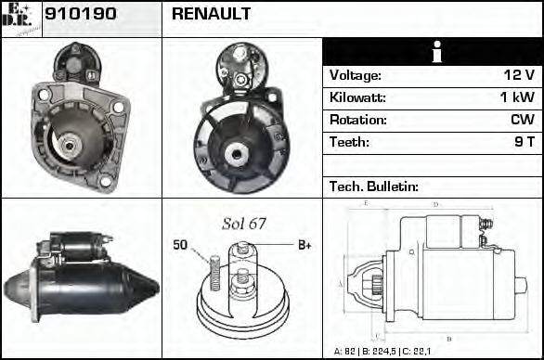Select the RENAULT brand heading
click(212, 14)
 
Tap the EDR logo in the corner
click(21, 18)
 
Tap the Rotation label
click(357, 121)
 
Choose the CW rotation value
click(522, 121)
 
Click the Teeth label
click(349, 143)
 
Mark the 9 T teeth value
click(525, 143)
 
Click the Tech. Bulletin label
click(374, 186)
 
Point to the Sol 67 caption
click(244, 223)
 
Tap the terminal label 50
click(180, 245)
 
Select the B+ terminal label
click(304, 245)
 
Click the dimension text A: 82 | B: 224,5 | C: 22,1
click(395, 352)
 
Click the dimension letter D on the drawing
click(435, 203)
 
